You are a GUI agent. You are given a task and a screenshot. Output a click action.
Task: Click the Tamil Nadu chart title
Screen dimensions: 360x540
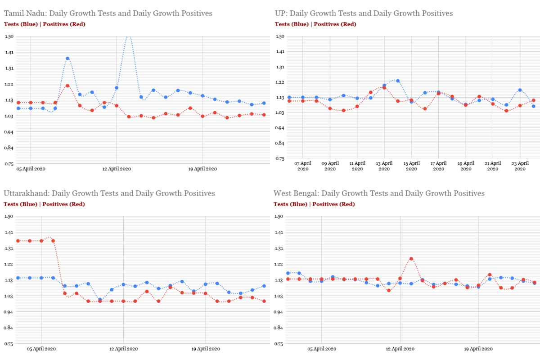coord(108,13)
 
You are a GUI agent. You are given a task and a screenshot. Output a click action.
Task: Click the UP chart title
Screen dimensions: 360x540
coord(364,13)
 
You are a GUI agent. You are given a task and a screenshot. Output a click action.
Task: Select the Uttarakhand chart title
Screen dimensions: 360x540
coord(109,193)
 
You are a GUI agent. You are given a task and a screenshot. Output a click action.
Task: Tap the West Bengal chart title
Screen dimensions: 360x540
coord(379,193)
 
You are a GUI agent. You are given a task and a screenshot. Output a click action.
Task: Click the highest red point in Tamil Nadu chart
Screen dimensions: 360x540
coord(67,85)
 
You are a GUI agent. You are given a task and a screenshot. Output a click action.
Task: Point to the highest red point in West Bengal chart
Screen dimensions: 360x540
coord(411,259)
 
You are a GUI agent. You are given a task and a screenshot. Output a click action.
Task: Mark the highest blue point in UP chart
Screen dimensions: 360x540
coord(398,81)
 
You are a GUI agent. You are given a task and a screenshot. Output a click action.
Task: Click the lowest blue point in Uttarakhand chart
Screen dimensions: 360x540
coord(100,300)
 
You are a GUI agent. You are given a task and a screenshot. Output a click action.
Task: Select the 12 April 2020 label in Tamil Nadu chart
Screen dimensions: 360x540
coord(117,169)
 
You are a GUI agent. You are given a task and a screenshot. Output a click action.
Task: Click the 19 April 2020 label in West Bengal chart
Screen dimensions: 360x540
coord(478,349)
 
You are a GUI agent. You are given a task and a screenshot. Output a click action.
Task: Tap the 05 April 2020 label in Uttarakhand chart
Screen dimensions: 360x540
coord(41,349)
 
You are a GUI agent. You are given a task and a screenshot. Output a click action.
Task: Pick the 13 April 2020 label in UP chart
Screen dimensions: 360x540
coord(384,166)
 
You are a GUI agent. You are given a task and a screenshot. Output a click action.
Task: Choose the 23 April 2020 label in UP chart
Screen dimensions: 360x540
coord(520,166)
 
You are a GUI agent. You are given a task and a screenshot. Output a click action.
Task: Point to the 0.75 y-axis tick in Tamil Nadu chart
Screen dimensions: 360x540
coord(9,164)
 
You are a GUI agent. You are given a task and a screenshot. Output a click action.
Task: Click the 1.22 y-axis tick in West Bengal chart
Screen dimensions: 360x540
coord(279,264)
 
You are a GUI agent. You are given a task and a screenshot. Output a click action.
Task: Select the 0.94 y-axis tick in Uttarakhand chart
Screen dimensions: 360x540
coord(9,312)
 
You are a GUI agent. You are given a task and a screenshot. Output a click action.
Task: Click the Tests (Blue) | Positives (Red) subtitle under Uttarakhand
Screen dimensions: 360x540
coord(44,204)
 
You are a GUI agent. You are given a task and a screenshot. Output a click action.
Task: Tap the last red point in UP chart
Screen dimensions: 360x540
coord(533,100)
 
